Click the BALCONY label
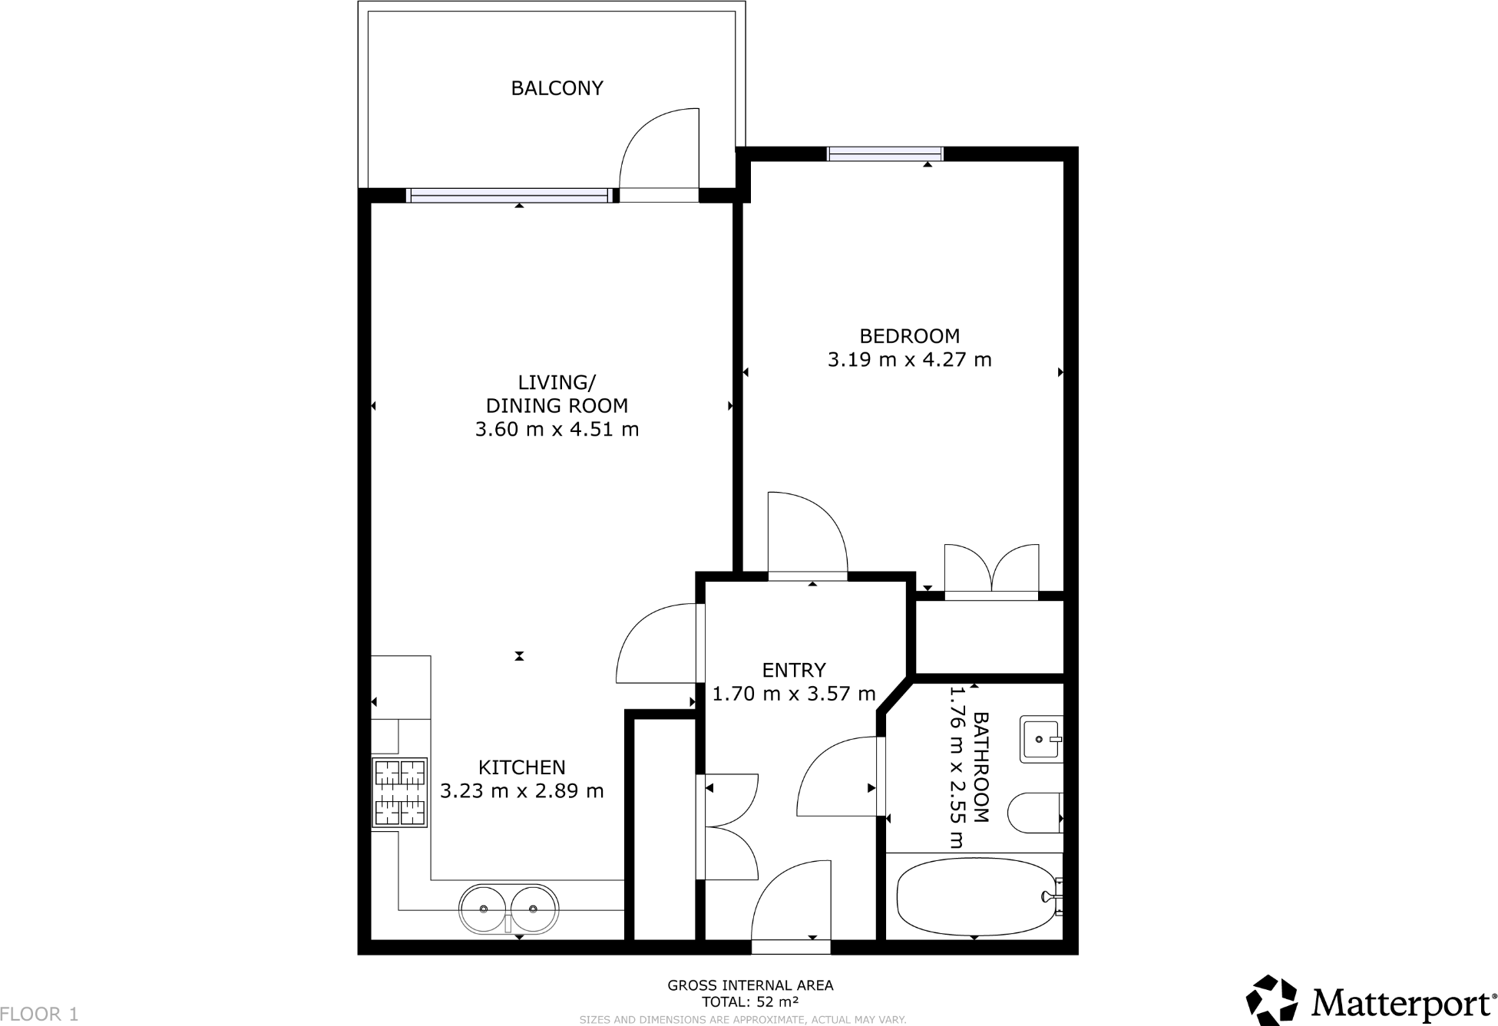click(x=557, y=88)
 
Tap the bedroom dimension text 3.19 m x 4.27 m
click(x=909, y=360)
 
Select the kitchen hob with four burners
click(x=399, y=793)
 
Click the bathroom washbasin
click(x=1040, y=739)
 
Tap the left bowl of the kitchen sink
click(x=484, y=909)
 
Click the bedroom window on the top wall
click(x=885, y=154)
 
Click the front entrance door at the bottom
click(x=791, y=906)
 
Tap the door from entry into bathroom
click(x=838, y=777)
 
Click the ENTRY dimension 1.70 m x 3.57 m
click(x=794, y=694)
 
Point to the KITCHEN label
click(x=521, y=767)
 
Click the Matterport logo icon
click(x=1271, y=1000)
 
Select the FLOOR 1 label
click(x=39, y=1014)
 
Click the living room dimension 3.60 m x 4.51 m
click(x=557, y=430)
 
